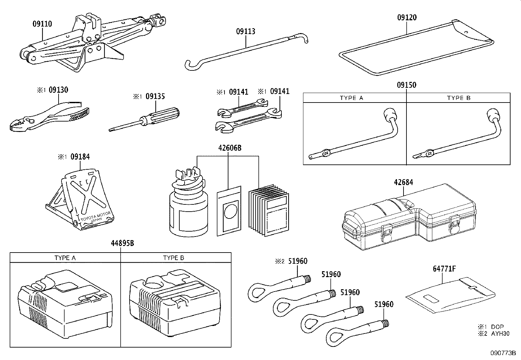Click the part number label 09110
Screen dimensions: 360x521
[42, 24]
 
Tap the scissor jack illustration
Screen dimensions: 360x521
[82, 43]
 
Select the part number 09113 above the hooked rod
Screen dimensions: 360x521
[245, 31]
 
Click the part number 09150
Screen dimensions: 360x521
[406, 85]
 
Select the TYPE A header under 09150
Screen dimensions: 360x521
[351, 98]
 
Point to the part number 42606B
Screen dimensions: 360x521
[230, 148]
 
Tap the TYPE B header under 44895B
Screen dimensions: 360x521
[173, 258]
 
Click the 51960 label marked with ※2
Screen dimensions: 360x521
[297, 261]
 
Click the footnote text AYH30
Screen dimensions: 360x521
[501, 333]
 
